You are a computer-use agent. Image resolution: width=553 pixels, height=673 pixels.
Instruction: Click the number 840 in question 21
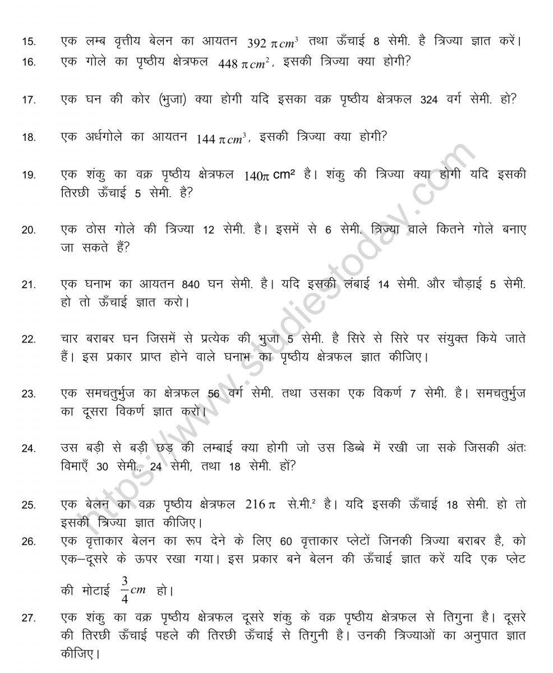pyautogui.click(x=191, y=285)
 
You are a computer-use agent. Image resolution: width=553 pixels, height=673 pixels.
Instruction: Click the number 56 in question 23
pyautogui.click(x=215, y=394)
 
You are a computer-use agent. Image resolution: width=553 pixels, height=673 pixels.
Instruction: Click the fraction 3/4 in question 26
pyautogui.click(x=125, y=589)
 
